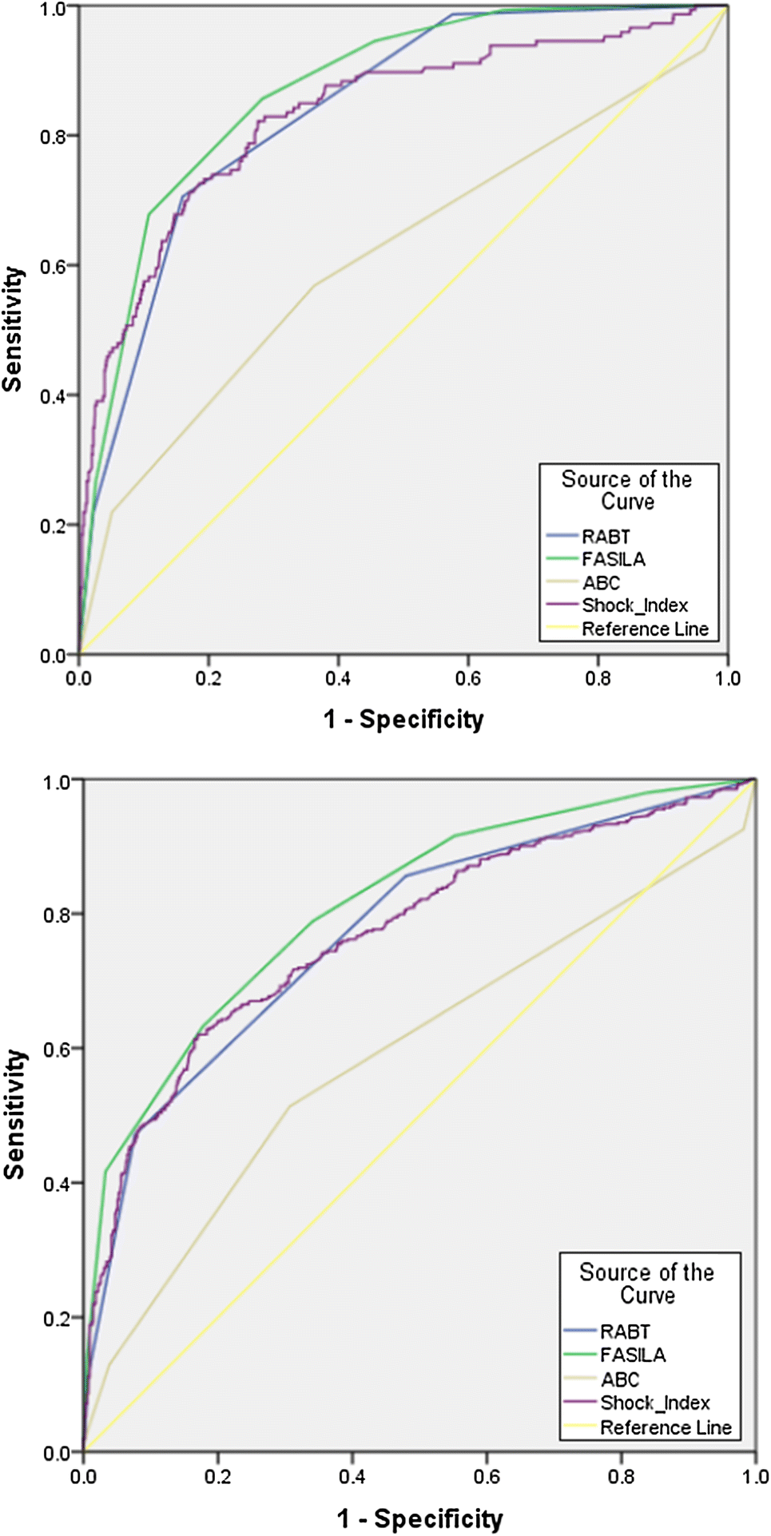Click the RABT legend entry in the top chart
[x=606, y=537]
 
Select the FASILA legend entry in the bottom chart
[x=632, y=1355]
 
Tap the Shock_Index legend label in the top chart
[x=634, y=605]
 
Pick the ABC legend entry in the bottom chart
[x=620, y=1379]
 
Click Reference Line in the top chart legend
[x=645, y=629]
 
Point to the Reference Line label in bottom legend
[x=666, y=1427]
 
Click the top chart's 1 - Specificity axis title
[x=403, y=720]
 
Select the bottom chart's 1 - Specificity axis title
[x=419, y=1518]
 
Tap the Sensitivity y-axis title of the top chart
[x=13, y=329]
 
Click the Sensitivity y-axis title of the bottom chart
[x=14, y=1114]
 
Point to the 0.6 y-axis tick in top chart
[x=53, y=266]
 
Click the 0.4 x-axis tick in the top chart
[x=338, y=679]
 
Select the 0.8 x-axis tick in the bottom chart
[x=621, y=1476]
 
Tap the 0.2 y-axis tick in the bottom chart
[x=56, y=1319]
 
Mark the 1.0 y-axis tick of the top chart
[x=53, y=8]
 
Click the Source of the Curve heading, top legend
[x=627, y=490]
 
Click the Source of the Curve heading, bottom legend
[x=646, y=1283]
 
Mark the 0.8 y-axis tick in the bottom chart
[x=56, y=915]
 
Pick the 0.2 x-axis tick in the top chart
[x=209, y=679]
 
